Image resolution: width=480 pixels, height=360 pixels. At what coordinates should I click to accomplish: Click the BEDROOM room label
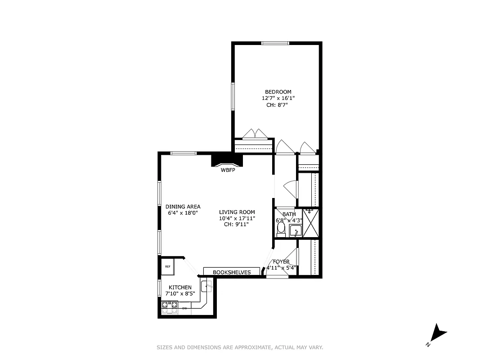(278, 92)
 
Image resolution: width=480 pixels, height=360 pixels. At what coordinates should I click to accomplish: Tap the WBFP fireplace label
(228, 170)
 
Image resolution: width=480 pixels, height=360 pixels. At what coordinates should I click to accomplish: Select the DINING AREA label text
(183, 207)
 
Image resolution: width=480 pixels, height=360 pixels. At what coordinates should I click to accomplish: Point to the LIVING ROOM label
(237, 212)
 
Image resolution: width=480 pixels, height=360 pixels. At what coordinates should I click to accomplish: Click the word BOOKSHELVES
(232, 272)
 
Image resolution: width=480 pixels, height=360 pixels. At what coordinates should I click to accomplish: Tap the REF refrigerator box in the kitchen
(168, 266)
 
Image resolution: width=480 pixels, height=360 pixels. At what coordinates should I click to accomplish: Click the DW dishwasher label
(184, 308)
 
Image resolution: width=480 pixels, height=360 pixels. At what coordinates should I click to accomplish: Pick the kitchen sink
(208, 285)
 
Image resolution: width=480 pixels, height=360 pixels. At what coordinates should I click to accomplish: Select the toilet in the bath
(281, 230)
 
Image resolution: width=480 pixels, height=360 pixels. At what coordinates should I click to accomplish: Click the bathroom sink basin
(296, 232)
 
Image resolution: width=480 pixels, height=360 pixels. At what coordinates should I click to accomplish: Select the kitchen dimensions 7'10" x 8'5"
(180, 294)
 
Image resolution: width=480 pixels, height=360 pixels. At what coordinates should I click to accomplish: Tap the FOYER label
(281, 261)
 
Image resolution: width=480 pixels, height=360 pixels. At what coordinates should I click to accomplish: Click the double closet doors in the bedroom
(255, 134)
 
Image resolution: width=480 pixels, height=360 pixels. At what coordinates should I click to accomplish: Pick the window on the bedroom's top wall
(275, 43)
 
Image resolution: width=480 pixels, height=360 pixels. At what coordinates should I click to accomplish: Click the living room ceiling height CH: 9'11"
(236, 225)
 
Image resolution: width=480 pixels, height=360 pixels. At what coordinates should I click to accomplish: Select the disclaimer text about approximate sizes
(239, 347)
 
